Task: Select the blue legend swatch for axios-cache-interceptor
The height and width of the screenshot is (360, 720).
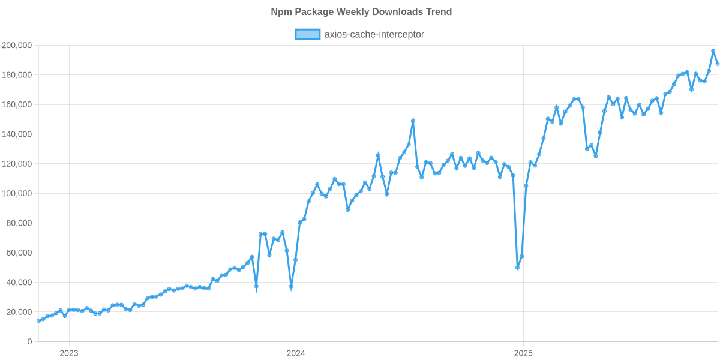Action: pyautogui.click(x=307, y=35)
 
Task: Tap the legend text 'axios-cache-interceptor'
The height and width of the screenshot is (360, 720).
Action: pyautogui.click(x=374, y=35)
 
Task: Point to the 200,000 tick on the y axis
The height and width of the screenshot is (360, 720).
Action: pyautogui.click(x=17, y=46)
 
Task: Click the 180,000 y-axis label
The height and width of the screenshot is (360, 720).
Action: pyautogui.click(x=17, y=75)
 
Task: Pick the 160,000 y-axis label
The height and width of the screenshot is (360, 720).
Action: pyautogui.click(x=17, y=104)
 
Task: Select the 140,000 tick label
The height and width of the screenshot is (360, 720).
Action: pyautogui.click(x=17, y=134)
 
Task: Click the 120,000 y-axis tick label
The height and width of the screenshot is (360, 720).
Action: pyautogui.click(x=17, y=164)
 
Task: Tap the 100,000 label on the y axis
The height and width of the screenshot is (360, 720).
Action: pyautogui.click(x=17, y=194)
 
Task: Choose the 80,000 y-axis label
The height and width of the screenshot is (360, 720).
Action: pyautogui.click(x=19, y=223)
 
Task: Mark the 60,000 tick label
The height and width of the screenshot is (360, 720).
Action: pyautogui.click(x=19, y=253)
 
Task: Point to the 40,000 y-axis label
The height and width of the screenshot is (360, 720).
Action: pyautogui.click(x=19, y=283)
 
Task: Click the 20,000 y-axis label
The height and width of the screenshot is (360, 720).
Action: pyautogui.click(x=19, y=312)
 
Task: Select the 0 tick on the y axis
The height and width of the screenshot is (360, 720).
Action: pyautogui.click(x=29, y=342)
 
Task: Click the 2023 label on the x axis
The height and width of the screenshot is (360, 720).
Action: pyautogui.click(x=69, y=353)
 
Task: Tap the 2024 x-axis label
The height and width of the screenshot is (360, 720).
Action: pyautogui.click(x=296, y=353)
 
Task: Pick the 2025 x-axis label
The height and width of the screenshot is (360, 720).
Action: pyautogui.click(x=523, y=353)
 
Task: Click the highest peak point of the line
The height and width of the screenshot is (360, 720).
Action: pyautogui.click(x=713, y=51)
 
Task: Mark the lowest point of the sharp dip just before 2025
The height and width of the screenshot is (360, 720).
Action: pyautogui.click(x=517, y=268)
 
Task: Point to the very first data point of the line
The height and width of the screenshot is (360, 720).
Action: pyautogui.click(x=38, y=320)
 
